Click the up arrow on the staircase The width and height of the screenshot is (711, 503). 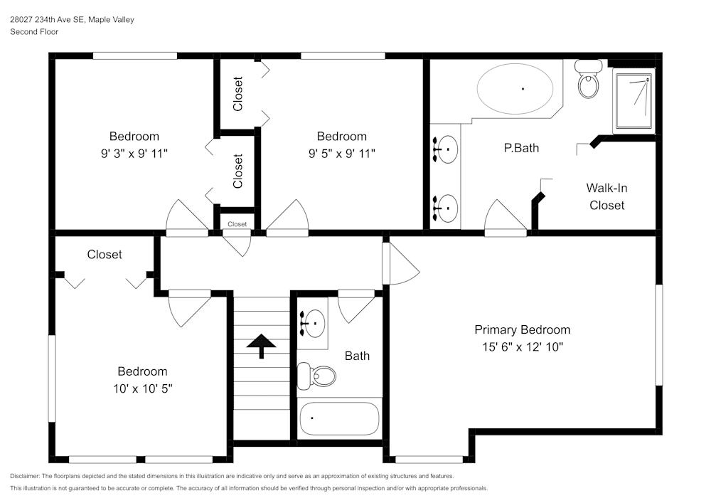coord(262,345)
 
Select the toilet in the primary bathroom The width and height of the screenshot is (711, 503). coord(589,80)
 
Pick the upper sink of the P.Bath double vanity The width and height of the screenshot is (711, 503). coord(446,149)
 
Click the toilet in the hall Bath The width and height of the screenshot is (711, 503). coord(317,375)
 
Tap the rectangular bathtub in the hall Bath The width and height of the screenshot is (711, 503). coord(340,420)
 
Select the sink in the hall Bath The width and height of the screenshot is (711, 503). coord(313,324)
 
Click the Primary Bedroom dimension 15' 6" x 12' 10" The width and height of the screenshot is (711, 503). coord(522,347)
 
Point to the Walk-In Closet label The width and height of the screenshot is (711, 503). coord(606,197)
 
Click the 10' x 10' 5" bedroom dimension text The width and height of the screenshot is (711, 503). coord(142,388)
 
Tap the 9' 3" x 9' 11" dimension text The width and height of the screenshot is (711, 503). coord(134,153)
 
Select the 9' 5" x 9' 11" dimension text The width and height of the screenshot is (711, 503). coord(341,153)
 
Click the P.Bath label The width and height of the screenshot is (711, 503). coord(520,148)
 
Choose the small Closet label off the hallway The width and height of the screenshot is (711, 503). coord(237,224)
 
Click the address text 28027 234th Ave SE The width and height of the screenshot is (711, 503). coord(47,20)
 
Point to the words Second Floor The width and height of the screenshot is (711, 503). coord(34,32)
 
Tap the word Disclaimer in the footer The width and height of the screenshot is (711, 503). coord(26,476)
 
